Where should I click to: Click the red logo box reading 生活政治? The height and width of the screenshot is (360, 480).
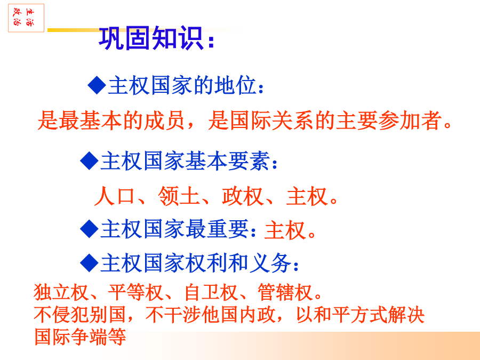coord(26,18)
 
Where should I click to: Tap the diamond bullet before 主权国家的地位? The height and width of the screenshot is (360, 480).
coord(97,85)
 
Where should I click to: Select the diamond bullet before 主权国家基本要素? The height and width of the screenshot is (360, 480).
coord(89,161)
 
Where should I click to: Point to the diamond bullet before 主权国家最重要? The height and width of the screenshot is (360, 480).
coord(89,229)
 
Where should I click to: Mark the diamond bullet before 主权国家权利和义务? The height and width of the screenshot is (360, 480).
coord(89,262)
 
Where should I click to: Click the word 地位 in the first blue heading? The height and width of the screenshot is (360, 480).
coord(235,85)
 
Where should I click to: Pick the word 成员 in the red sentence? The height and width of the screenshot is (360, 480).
coord(164,121)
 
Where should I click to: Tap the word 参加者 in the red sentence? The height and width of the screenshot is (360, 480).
coord(410,121)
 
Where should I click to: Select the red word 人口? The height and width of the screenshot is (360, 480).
coord(115,196)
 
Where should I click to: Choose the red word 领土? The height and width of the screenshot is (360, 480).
coord(179,196)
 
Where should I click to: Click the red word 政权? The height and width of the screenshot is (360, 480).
coord(243,196)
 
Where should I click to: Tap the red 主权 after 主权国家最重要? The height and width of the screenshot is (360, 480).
coord(285,230)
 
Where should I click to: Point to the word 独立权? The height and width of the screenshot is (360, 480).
coord(61,292)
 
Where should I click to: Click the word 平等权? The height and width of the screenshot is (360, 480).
coord(136,292)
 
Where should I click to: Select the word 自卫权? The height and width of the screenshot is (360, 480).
coord(211,292)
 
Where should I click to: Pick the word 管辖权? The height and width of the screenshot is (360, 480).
coord(285,292)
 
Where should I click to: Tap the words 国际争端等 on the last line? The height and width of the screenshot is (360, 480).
coord(80,337)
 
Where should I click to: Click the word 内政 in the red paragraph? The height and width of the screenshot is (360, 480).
coord(257,314)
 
